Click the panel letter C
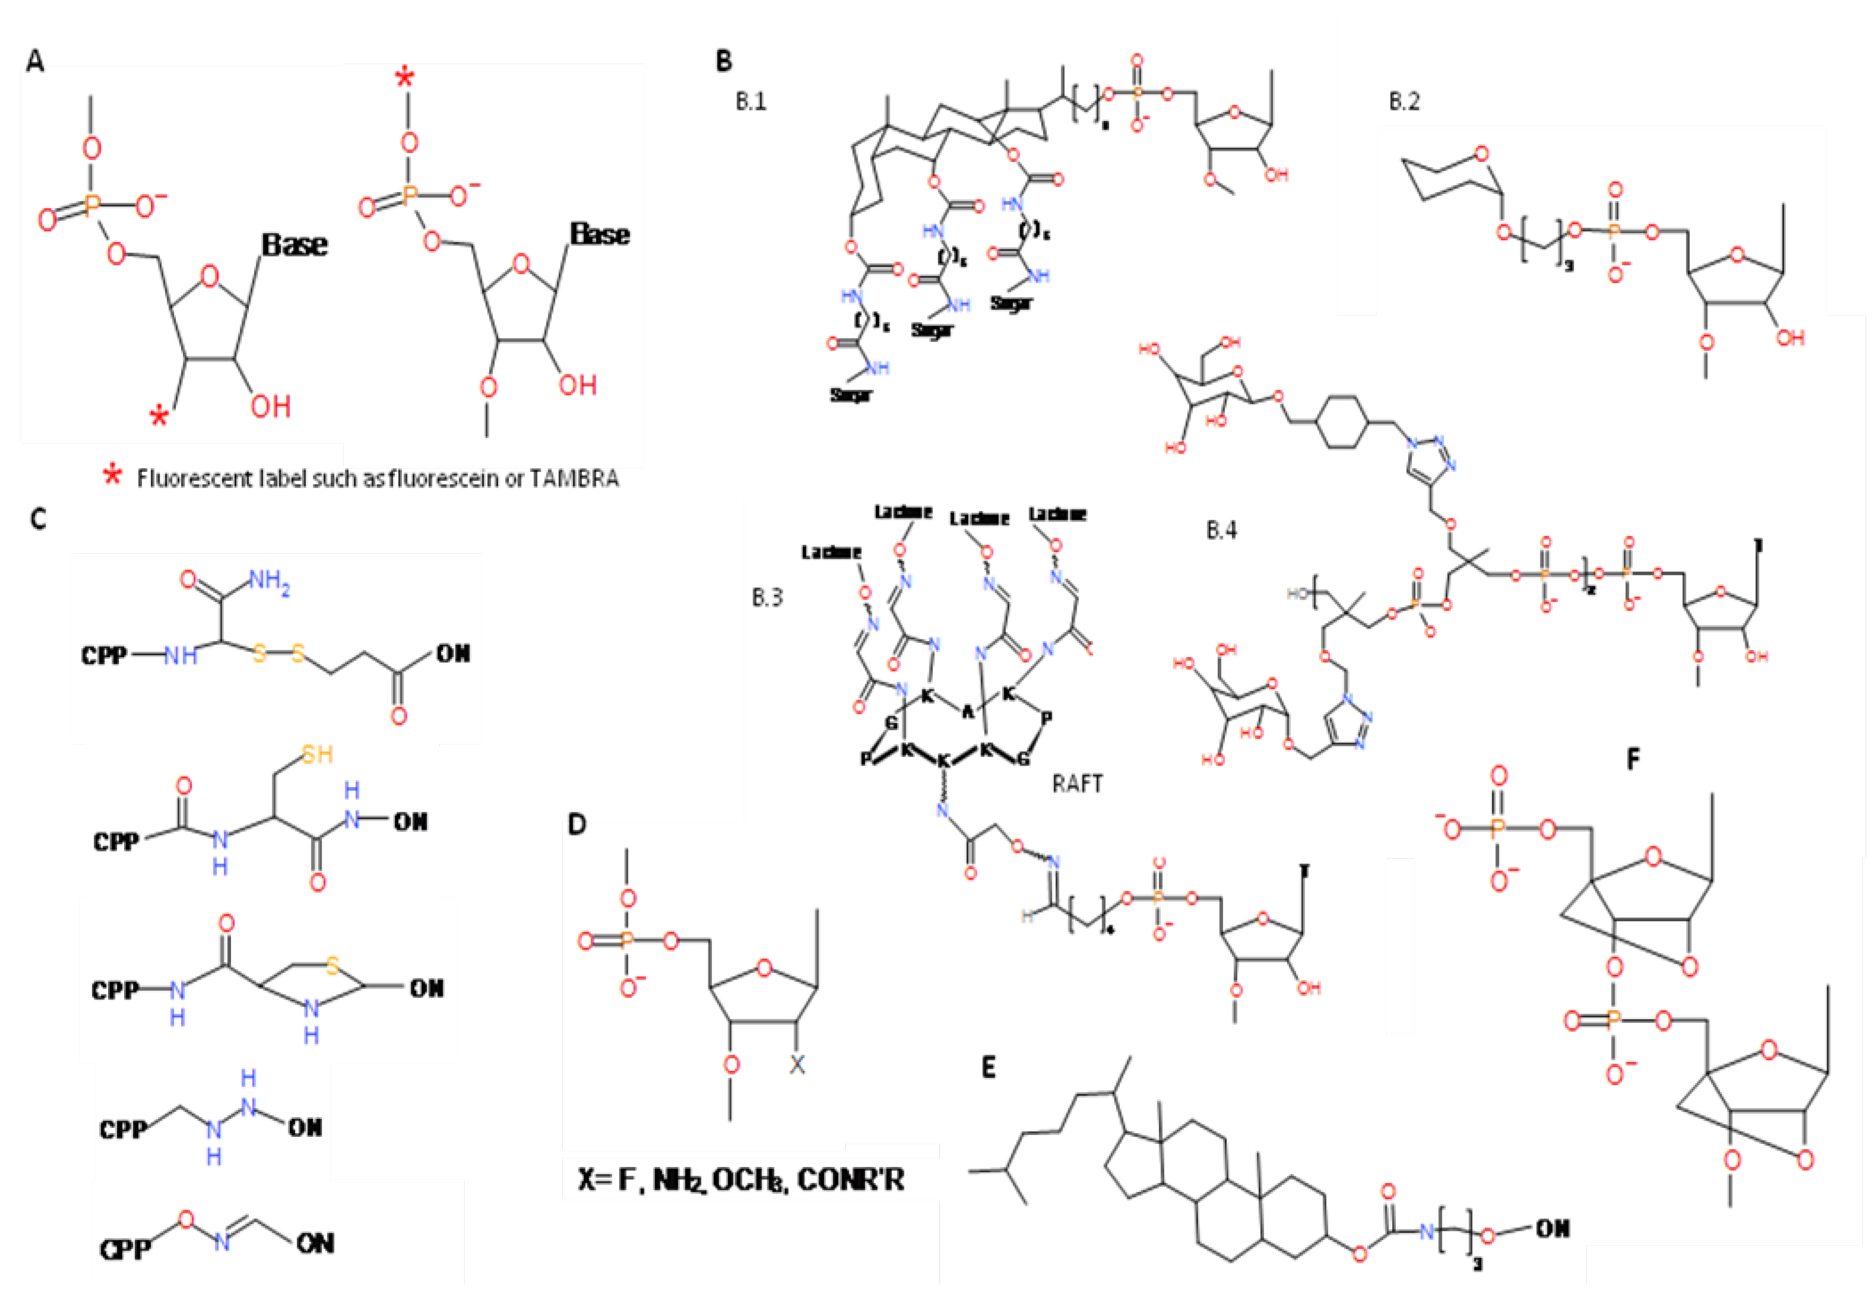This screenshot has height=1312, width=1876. pyautogui.click(x=37, y=520)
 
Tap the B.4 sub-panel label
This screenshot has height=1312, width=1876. pyautogui.click(x=1222, y=531)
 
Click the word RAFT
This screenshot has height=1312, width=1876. pyautogui.click(x=1077, y=784)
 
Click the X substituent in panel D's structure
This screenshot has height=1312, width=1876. pyautogui.click(x=797, y=1065)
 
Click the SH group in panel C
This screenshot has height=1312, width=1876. pyautogui.click(x=317, y=754)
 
